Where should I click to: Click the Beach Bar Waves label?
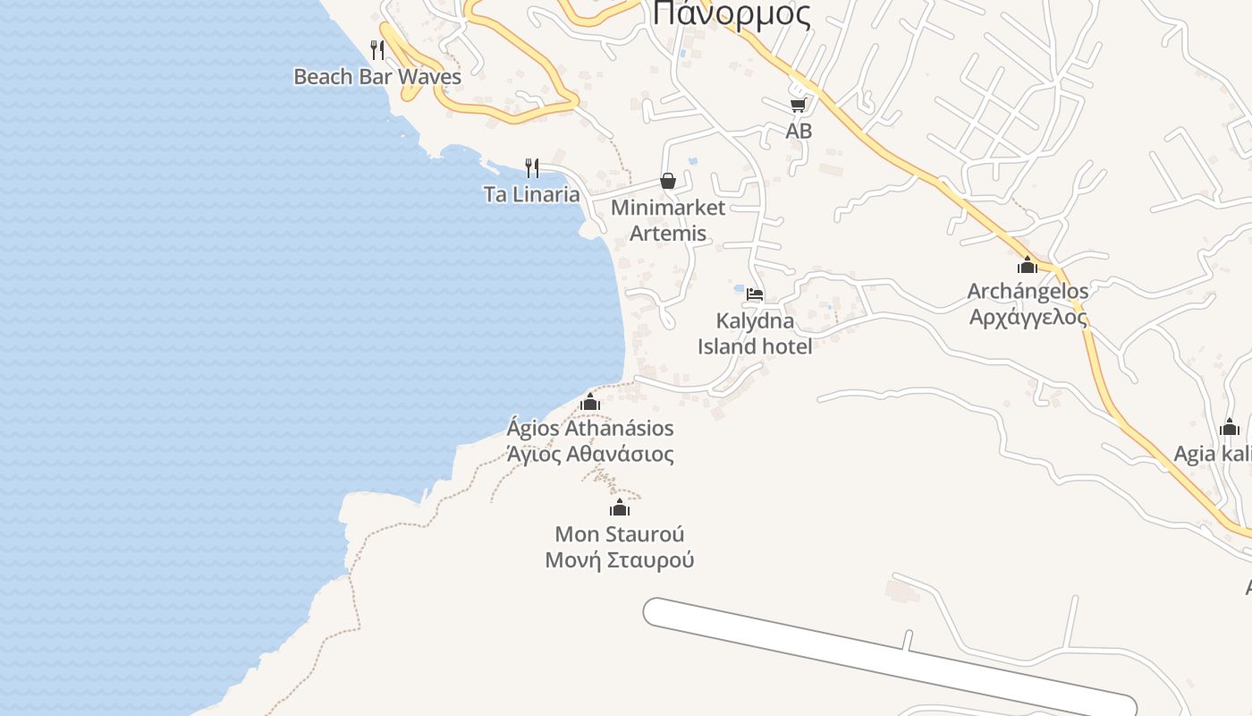(x=377, y=77)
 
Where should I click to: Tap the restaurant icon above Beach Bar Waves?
(x=377, y=49)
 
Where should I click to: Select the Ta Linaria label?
(x=531, y=194)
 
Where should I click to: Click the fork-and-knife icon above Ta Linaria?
(x=532, y=167)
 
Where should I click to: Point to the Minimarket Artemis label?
(x=668, y=220)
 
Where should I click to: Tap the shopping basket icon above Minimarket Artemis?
(x=668, y=181)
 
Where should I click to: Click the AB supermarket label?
(x=799, y=131)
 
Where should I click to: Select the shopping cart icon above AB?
(x=798, y=105)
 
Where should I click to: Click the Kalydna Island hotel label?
(x=755, y=333)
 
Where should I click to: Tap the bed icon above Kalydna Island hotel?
(x=755, y=294)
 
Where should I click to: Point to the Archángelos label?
(x=1028, y=291)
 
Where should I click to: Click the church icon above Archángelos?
(x=1028, y=265)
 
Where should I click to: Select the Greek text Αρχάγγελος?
(x=1028, y=317)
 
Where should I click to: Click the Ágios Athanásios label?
(x=590, y=428)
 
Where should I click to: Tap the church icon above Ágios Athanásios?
(x=589, y=402)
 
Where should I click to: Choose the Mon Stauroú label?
(x=620, y=534)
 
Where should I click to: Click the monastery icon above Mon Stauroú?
(x=620, y=508)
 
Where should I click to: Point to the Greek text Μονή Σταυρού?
(x=620, y=560)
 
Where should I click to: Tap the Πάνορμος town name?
(x=732, y=14)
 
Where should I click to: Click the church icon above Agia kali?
(x=1230, y=428)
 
